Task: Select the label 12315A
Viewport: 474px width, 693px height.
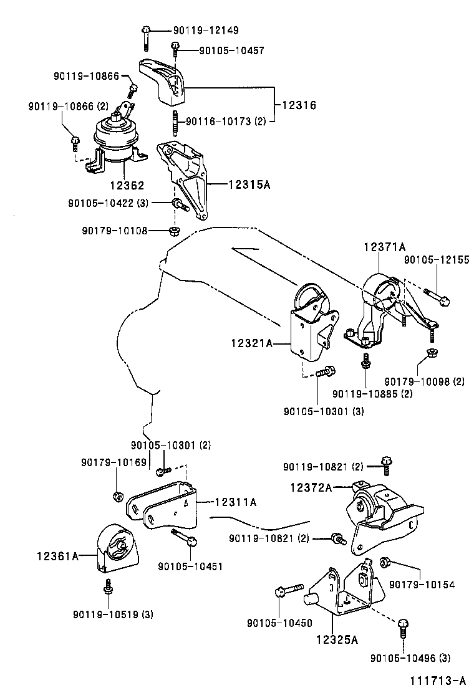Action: click(x=249, y=184)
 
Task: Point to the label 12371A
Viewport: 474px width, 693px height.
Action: click(x=385, y=247)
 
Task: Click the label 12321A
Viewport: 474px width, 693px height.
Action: click(x=251, y=342)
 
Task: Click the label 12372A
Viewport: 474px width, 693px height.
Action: click(x=311, y=488)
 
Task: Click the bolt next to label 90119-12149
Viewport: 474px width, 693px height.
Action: click(x=145, y=37)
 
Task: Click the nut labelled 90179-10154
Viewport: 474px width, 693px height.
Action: click(x=385, y=562)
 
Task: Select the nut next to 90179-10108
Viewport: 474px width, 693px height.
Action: click(x=175, y=231)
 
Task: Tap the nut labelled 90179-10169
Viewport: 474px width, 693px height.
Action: click(x=117, y=496)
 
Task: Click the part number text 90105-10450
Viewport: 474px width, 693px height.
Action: click(x=275, y=623)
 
